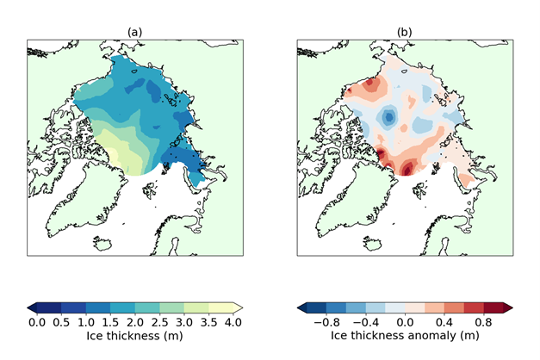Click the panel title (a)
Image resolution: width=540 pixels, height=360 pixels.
(134, 32)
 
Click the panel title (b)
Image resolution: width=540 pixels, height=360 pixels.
(405, 32)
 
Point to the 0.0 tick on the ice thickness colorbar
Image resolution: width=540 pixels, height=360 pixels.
(37, 322)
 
